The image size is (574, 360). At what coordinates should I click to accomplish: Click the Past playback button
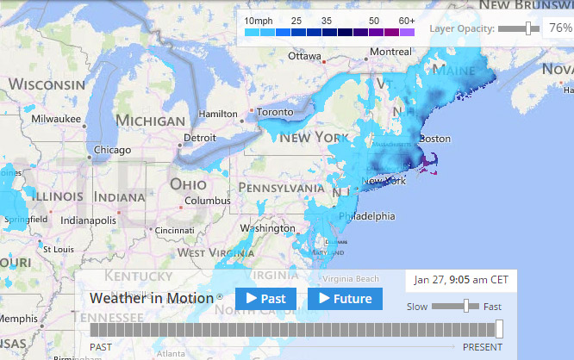coord(265,299)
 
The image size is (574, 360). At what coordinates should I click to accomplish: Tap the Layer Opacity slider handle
coord(528,28)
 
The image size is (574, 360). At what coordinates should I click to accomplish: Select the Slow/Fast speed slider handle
coord(466,306)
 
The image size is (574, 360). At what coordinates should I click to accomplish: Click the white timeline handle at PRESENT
coord(499,329)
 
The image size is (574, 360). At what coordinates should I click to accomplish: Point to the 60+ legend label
coord(407,19)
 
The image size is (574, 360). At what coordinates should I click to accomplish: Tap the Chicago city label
coord(113,150)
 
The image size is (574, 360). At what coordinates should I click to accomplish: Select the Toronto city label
coord(276,112)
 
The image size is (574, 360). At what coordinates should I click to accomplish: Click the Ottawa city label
coord(304,57)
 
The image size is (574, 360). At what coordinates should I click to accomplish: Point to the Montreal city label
coord(390,52)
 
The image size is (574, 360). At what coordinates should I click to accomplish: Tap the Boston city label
coord(434,139)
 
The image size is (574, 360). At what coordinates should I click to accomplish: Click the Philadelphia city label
coord(365,216)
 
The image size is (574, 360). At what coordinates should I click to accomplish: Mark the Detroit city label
coord(200,137)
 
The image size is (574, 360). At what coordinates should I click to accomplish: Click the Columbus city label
coord(207,201)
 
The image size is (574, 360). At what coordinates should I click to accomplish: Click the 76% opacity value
coord(560,28)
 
